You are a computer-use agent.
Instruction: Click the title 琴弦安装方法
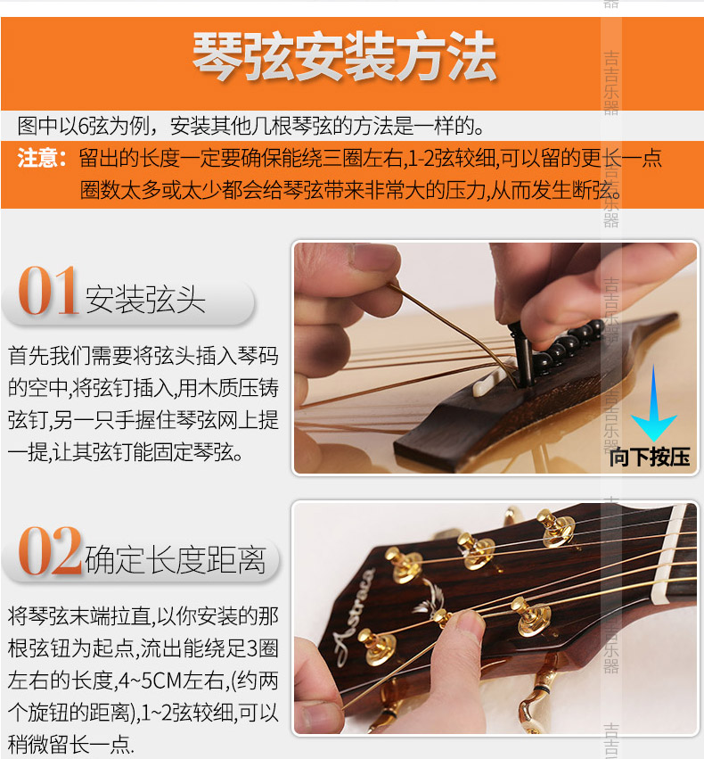tap(344, 56)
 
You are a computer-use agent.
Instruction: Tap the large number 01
tap(49, 292)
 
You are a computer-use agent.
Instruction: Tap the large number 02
tap(50, 552)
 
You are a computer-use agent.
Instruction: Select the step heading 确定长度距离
tap(176, 559)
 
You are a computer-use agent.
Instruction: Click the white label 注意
tap(42, 160)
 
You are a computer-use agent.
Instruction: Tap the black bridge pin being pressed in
tap(520, 357)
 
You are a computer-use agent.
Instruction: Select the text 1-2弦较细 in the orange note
tap(451, 160)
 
